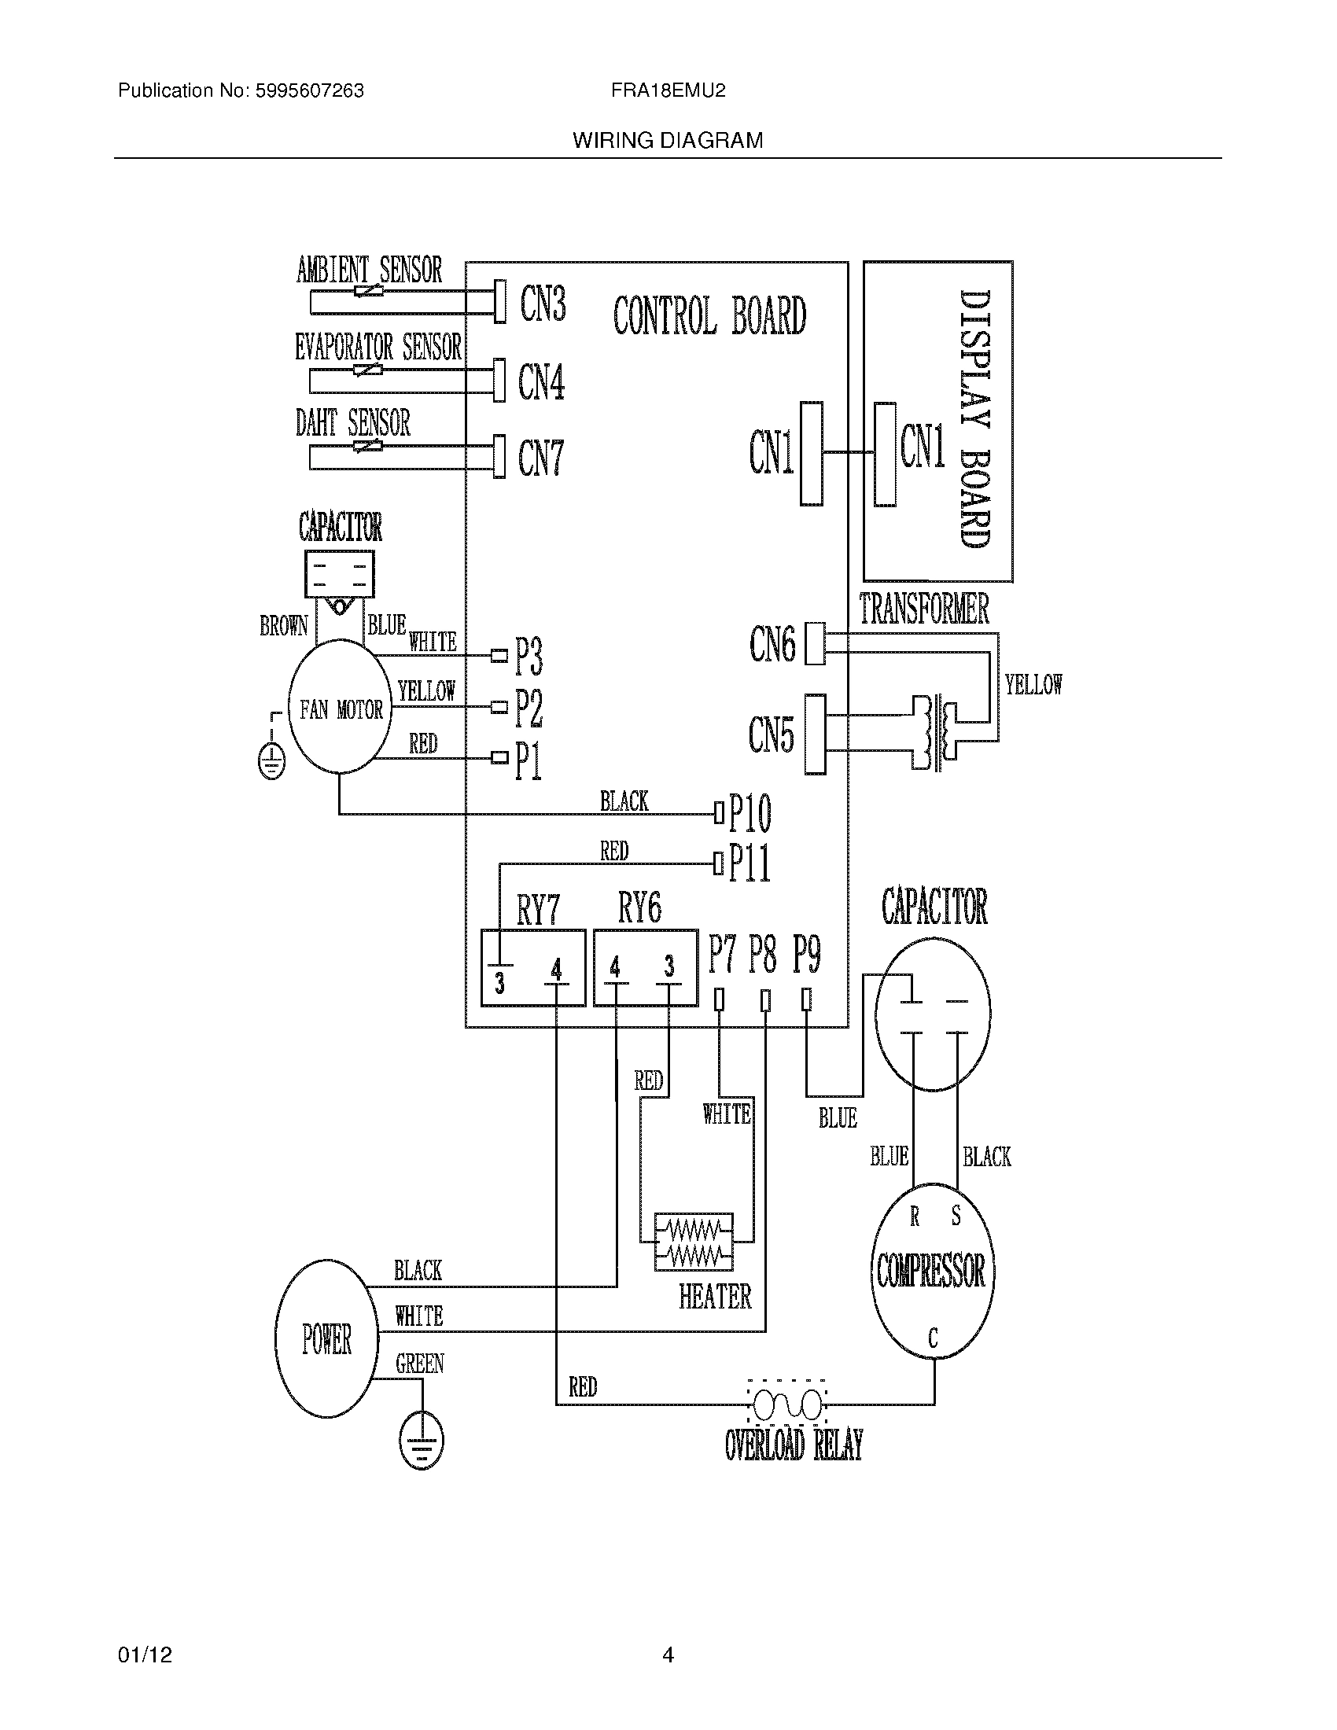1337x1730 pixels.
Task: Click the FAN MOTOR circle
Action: click(x=340, y=709)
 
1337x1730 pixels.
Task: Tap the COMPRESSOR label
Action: click(x=930, y=1271)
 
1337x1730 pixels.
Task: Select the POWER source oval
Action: click(x=326, y=1338)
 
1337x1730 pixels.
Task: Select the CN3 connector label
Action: click(x=543, y=304)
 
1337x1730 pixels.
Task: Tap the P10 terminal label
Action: click(x=750, y=813)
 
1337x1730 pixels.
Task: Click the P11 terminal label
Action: click(x=750, y=863)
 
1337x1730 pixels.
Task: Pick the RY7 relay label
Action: click(x=538, y=909)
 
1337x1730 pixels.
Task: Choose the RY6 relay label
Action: click(x=639, y=907)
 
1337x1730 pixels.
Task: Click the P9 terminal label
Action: click(x=806, y=954)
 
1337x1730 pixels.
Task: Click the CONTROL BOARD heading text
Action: click(x=709, y=315)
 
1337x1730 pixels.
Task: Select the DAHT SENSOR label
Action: click(x=353, y=423)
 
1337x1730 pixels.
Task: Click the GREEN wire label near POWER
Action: click(x=419, y=1364)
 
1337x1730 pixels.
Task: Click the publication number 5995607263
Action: click(x=310, y=91)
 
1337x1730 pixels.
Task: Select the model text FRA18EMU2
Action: click(x=668, y=91)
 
